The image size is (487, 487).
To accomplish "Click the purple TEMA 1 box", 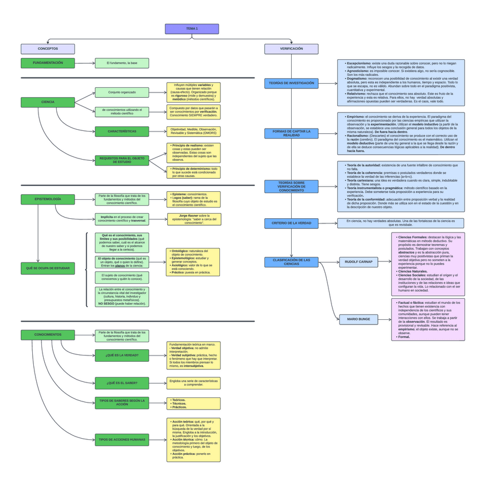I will tap(192, 29).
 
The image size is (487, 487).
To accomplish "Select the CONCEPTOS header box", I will tap(48, 49).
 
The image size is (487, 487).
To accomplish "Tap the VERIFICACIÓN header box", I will tap(291, 49).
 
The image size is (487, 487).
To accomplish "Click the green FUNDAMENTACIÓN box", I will tap(48, 63).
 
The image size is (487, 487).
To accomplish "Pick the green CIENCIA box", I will tap(48, 102).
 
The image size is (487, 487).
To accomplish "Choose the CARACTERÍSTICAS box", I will tap(122, 132).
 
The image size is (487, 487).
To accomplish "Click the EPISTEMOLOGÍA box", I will tap(48, 199).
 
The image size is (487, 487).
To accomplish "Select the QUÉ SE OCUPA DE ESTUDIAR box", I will tap(48, 268).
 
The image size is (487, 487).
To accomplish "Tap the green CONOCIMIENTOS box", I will tap(48, 334).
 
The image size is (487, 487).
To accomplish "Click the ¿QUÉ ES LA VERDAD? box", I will tap(122, 355).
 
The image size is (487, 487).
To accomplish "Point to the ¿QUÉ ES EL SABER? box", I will tap(122, 382).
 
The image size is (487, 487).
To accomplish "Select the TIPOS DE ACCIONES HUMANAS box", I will tap(122, 440).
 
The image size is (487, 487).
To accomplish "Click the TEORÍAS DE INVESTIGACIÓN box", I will tap(291, 83).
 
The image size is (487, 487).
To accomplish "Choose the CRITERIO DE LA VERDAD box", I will tap(291, 223).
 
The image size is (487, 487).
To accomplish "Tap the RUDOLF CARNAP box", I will tap(358, 262).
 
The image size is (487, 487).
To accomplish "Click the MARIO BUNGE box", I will tap(358, 319).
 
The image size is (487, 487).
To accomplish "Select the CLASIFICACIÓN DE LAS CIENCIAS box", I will tap(291, 262).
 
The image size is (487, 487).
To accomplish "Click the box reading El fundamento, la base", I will tap(122, 63).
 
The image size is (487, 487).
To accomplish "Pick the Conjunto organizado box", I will tap(122, 92).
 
